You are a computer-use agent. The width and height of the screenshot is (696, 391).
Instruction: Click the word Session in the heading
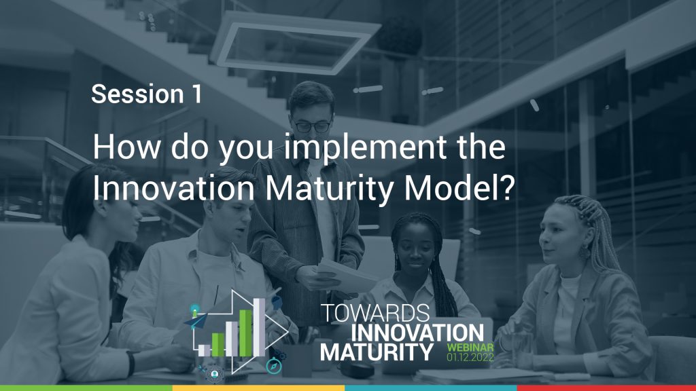coord(135,94)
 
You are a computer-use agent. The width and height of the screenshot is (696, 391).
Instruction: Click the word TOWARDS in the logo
coord(375,314)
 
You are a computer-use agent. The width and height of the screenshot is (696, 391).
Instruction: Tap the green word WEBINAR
coord(470,346)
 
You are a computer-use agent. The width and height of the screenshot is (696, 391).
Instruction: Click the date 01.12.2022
coord(470,356)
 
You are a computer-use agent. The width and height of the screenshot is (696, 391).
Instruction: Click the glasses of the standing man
coord(312,126)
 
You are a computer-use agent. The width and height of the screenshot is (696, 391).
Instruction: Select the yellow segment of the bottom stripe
coord(258,388)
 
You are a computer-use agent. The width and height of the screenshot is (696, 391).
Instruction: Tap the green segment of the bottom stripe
coord(86,388)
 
